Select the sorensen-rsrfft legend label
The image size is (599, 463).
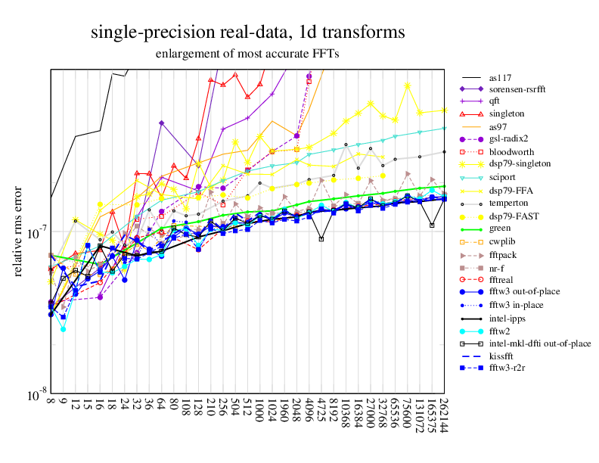point(519,89)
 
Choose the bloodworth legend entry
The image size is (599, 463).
point(510,151)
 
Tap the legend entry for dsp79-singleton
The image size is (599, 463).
point(520,163)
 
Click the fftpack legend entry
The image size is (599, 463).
point(503,256)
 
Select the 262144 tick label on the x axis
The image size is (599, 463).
point(444,415)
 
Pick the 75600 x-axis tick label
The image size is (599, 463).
point(407,412)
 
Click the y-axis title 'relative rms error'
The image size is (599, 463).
point(19,230)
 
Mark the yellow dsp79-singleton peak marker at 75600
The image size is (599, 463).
point(407,85)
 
